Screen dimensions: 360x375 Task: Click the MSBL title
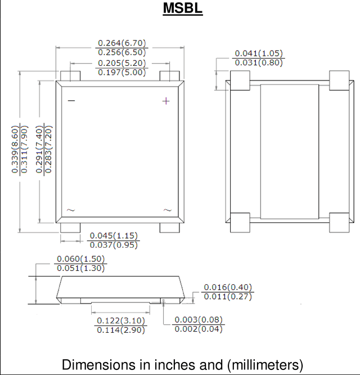[183, 8]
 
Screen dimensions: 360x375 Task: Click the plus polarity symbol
[166, 101]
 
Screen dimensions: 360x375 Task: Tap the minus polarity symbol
[71, 101]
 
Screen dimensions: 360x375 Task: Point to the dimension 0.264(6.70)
[122, 43]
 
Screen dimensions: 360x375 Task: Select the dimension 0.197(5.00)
[122, 72]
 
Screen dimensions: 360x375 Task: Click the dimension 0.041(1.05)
[259, 53]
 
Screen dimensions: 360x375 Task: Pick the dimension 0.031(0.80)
[259, 62]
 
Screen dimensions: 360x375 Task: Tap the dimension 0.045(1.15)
[114, 235]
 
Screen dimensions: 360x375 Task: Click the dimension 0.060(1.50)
[81, 259]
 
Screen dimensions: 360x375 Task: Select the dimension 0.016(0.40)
[228, 287]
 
